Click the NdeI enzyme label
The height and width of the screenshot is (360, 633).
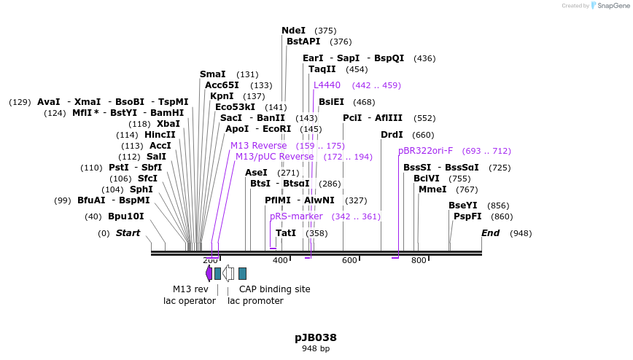293,31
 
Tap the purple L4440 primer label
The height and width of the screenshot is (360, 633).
327,85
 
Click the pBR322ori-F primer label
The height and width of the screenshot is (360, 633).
425,151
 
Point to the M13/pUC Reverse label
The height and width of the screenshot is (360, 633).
274,157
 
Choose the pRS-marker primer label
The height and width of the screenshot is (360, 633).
296,216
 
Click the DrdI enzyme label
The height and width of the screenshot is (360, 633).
392,135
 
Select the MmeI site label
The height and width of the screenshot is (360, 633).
432,189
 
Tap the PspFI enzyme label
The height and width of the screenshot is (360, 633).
467,216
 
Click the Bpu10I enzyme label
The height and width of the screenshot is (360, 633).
126,216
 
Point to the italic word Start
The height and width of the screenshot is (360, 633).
128,233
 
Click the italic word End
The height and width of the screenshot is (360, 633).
491,233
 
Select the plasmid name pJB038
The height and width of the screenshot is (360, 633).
316,337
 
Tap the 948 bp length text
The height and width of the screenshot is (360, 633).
316,348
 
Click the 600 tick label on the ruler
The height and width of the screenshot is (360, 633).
349,261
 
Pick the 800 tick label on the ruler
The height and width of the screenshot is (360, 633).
419,261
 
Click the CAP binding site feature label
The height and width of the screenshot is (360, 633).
275,289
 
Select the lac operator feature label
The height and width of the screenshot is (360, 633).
190,301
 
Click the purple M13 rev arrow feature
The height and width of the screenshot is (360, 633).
209,273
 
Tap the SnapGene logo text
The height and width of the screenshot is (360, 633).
612,6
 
